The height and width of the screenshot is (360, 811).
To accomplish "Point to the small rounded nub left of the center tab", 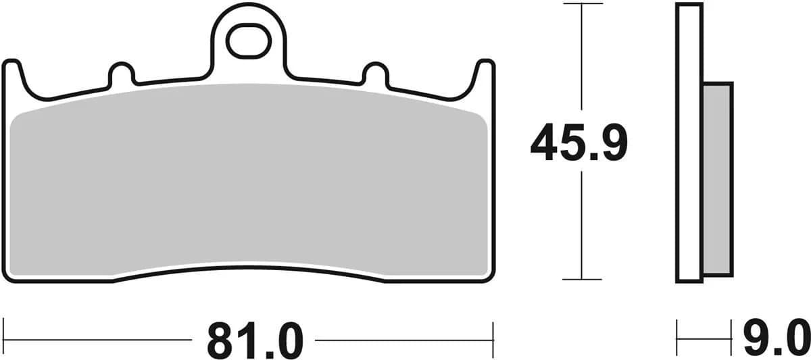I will click(121, 73).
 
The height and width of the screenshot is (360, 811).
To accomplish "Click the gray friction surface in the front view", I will click(250, 182).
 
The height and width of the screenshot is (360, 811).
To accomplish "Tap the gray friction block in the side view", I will click(718, 179).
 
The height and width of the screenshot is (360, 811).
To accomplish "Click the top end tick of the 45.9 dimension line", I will click(582, 4).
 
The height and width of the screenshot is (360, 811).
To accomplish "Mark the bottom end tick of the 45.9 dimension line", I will click(582, 279).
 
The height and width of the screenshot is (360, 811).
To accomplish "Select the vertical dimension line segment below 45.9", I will click(582, 223).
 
